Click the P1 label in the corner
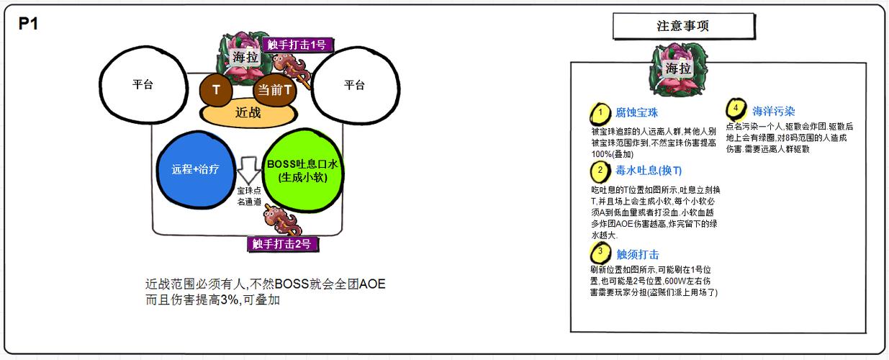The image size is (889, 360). [28, 24]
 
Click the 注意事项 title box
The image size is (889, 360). [684, 26]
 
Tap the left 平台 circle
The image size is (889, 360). [143, 84]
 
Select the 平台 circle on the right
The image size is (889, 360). [355, 85]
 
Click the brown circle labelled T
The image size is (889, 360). [216, 90]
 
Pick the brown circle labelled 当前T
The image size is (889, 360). [275, 90]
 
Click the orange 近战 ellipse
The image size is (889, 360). [248, 114]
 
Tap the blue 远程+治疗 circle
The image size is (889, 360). [196, 169]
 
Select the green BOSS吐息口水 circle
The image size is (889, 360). [303, 171]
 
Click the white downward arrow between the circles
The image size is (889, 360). [248, 170]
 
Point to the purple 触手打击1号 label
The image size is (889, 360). [297, 45]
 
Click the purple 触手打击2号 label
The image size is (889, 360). [282, 243]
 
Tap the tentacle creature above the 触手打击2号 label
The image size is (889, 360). [283, 220]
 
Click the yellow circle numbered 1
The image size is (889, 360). [600, 114]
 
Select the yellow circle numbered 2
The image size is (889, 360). [600, 171]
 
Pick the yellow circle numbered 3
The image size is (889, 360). [600, 253]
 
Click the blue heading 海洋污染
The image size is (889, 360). [774, 112]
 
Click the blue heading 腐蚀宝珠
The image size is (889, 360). [636, 113]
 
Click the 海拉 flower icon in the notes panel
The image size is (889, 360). [678, 70]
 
